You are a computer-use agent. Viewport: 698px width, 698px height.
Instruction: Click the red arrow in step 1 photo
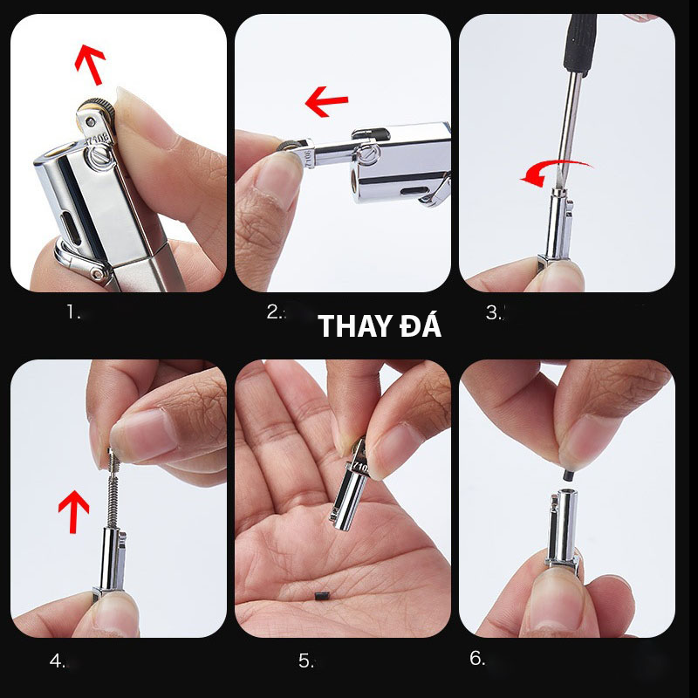tap(91, 64)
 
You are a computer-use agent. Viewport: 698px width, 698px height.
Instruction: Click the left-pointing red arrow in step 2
tap(326, 101)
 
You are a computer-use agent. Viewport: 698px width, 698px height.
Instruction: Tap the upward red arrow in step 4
tap(73, 511)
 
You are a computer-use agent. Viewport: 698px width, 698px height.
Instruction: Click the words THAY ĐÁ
tap(380, 325)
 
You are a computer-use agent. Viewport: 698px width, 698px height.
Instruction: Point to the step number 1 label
tap(73, 312)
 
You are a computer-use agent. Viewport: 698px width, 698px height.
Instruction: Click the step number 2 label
tap(275, 312)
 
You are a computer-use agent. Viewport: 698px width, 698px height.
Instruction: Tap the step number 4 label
tap(57, 660)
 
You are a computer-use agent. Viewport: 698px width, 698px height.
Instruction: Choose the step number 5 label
tap(306, 660)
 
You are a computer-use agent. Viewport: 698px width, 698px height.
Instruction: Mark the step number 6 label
tap(477, 658)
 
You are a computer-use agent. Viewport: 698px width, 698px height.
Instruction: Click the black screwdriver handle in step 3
tap(579, 44)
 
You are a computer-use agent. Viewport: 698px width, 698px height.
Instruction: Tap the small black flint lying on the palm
tap(322, 596)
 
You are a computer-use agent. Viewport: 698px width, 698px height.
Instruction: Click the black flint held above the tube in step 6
tap(568, 475)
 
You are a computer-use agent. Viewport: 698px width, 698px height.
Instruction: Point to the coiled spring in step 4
tap(113, 489)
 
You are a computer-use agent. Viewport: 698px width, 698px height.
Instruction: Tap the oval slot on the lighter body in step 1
tap(72, 228)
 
